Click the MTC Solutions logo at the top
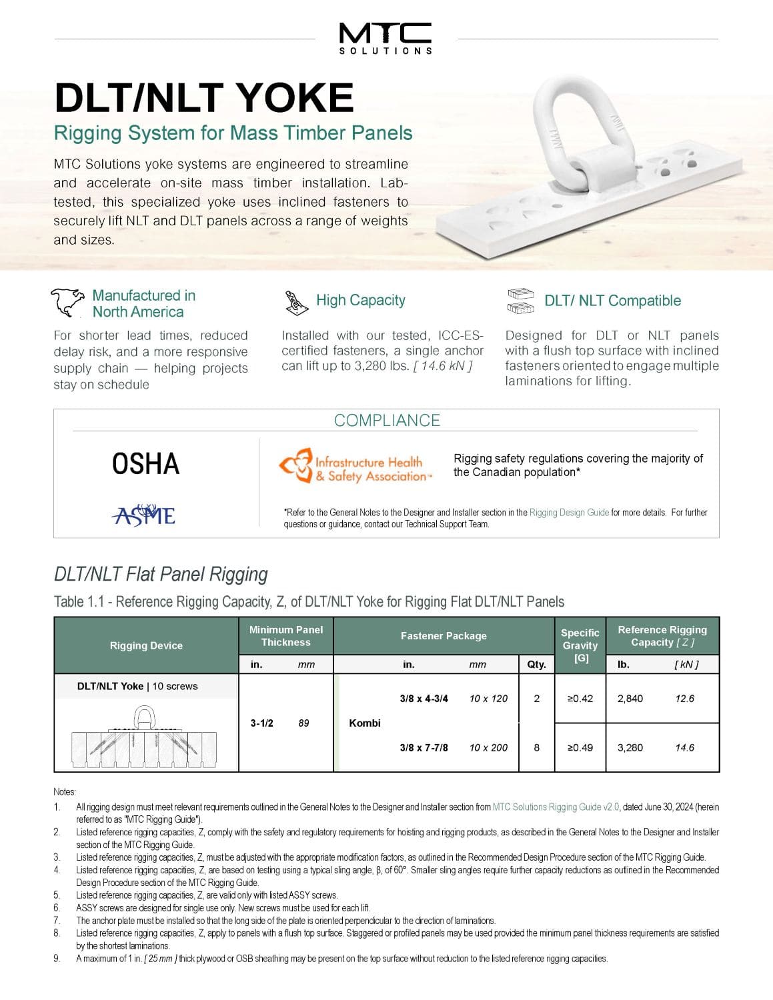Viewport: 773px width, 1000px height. pos(385,38)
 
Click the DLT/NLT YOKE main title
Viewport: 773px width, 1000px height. pos(203,98)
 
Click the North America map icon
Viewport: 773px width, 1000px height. pos(68,303)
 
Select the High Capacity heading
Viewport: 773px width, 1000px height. pos(360,300)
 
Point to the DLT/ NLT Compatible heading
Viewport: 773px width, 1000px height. pos(612,301)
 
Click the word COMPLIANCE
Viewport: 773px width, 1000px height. pos(387,420)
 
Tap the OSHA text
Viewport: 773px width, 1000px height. pos(145,464)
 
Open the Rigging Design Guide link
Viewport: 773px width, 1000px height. pos(569,513)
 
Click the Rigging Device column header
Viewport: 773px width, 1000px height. pos(146,645)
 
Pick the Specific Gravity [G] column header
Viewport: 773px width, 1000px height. pos(580,645)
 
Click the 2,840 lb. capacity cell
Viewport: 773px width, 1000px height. pos(630,699)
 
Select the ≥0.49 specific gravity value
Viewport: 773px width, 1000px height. pos(580,747)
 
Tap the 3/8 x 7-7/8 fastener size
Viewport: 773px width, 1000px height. pos(424,747)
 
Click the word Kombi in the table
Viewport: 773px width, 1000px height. pos(365,723)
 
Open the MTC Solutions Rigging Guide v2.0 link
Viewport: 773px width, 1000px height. pos(556,807)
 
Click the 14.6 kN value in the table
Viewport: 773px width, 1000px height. pos(684,747)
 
